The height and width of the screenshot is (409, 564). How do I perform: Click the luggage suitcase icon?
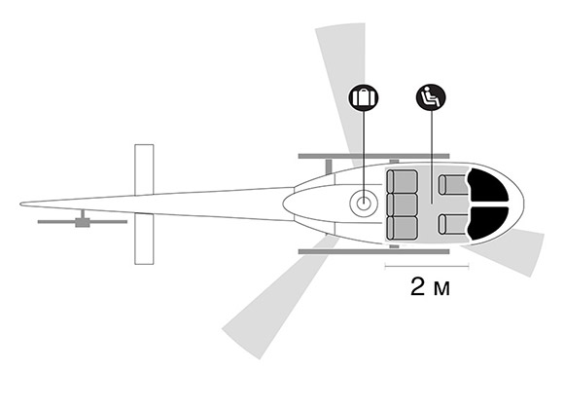(364, 97)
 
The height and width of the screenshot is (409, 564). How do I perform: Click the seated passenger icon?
(431, 97)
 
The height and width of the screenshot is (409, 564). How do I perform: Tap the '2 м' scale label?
(430, 287)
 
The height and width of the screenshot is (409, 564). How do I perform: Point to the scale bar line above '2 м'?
(427, 266)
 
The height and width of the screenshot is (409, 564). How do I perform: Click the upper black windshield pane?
(488, 186)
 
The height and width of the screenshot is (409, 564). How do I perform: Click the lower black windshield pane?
(488, 223)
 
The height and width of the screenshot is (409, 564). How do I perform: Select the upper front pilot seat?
(453, 185)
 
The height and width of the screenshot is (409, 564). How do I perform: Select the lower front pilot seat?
(453, 224)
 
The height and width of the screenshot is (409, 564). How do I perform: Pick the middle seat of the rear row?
(402, 204)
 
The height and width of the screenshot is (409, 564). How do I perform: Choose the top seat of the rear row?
(402, 181)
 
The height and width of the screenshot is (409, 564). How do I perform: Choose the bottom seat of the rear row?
(402, 228)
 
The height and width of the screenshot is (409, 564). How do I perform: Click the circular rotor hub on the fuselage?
(364, 203)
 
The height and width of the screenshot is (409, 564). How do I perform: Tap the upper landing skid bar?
(373, 156)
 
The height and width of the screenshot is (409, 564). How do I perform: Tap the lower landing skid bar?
(373, 251)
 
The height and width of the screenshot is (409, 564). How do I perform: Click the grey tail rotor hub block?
(83, 222)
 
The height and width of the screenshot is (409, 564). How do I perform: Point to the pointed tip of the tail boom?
(20, 204)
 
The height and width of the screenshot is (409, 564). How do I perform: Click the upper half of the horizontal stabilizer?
(144, 169)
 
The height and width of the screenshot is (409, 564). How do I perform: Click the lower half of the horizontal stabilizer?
(144, 239)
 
